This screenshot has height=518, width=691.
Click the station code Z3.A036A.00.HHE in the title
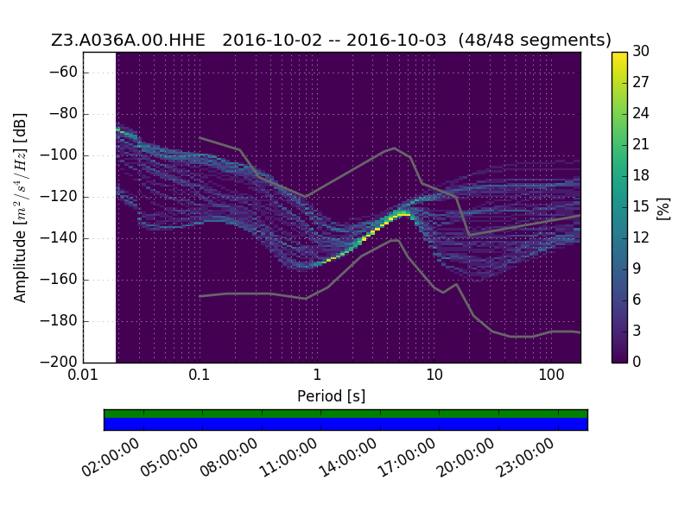click(x=128, y=40)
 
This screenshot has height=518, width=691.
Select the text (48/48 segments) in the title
click(x=535, y=40)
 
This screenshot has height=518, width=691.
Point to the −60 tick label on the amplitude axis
click(x=63, y=72)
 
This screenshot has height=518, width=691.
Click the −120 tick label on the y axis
click(x=60, y=197)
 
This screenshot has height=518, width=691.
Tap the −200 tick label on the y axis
click(x=60, y=362)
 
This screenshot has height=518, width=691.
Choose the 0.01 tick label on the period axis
click(x=83, y=375)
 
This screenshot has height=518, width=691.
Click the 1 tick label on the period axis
click(x=317, y=375)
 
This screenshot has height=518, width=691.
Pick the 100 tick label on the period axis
click(x=551, y=375)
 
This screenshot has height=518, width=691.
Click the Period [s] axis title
click(x=332, y=396)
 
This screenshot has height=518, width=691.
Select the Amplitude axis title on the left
click(x=20, y=207)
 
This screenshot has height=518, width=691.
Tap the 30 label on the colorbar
click(x=641, y=51)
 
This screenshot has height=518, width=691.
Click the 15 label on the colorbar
click(x=641, y=206)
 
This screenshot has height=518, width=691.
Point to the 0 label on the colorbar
click(x=637, y=362)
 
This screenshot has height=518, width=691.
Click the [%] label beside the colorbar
click(x=663, y=209)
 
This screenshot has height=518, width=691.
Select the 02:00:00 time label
click(x=111, y=458)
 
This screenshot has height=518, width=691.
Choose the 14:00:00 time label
click(x=348, y=458)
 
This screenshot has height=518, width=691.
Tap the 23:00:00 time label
click(x=525, y=458)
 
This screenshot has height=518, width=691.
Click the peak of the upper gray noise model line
click(x=395, y=148)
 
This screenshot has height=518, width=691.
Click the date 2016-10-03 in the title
click(x=396, y=40)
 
